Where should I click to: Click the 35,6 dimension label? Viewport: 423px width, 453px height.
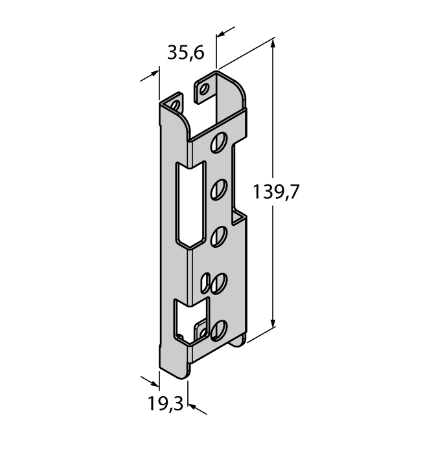point(186,53)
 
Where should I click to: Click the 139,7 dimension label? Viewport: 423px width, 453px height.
point(275,192)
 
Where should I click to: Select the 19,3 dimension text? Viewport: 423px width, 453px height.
point(166,403)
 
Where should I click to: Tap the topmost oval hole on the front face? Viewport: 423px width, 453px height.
point(219,142)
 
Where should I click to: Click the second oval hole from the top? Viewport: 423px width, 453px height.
point(219,190)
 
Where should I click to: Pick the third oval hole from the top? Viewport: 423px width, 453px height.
point(219,237)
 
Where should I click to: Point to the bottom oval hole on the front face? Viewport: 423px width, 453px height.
point(219,330)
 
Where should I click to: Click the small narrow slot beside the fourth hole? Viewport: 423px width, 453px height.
point(205,283)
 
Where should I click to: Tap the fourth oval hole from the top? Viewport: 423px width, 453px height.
point(219,283)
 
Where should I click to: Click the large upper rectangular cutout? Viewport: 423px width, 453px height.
point(190,204)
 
